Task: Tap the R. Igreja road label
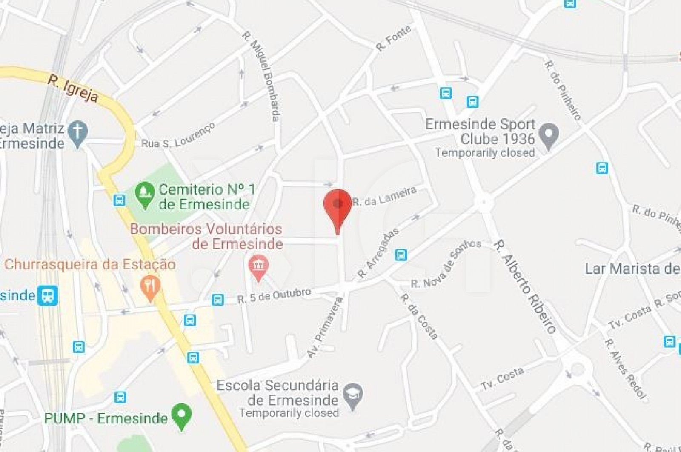tap(73, 89)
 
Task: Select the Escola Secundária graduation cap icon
tap(353, 395)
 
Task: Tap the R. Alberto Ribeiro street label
tap(525, 287)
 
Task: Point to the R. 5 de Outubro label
tap(274, 295)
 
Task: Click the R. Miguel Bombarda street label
tap(261, 76)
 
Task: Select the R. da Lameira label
tap(384, 197)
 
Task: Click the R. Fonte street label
tap(394, 38)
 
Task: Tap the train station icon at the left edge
tap(47, 295)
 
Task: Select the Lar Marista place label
tap(632, 269)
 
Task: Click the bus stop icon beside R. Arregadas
tap(401, 255)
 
